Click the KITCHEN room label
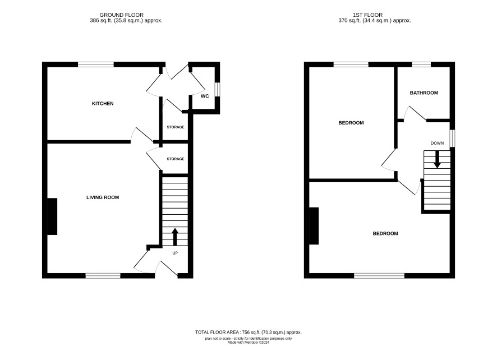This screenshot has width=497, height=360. click(x=103, y=104)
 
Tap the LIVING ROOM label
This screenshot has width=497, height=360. click(x=103, y=197)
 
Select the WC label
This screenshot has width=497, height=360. click(x=205, y=96)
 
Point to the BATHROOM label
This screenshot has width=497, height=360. click(x=424, y=93)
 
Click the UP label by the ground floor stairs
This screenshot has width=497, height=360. click(x=175, y=253)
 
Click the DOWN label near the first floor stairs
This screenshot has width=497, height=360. click(x=437, y=143)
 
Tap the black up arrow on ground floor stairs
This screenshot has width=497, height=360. click(x=175, y=237)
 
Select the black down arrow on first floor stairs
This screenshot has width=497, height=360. click(x=437, y=159)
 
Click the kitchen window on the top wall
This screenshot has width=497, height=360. click(x=96, y=64)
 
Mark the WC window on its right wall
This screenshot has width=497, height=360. click(x=217, y=89)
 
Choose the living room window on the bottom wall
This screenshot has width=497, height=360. click(x=103, y=276)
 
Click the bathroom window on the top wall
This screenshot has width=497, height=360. click(x=421, y=64)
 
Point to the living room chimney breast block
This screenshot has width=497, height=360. click(x=52, y=216)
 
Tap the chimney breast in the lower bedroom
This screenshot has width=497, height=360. click(x=314, y=226)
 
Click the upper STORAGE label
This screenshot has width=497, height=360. click(x=176, y=127)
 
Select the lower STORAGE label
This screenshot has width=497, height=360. click(x=176, y=159)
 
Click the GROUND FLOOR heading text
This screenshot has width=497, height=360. click(x=121, y=15)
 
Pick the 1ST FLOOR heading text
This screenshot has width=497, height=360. click(x=367, y=15)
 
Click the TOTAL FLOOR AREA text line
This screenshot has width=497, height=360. click(x=248, y=333)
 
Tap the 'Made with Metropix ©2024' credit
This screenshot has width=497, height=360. click(x=248, y=342)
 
